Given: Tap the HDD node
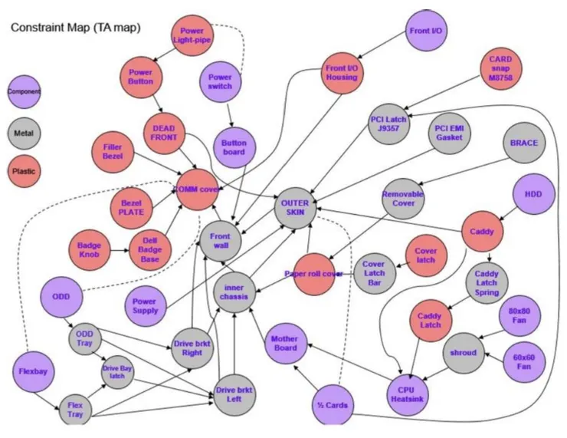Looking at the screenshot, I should click(533, 195).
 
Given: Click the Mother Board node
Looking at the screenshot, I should click(285, 343).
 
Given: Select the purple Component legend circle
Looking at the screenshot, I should click(25, 91).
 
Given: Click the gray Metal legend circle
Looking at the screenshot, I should click(25, 132).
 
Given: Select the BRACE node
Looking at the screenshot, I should click(524, 143).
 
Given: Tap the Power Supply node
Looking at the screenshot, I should click(145, 305).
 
